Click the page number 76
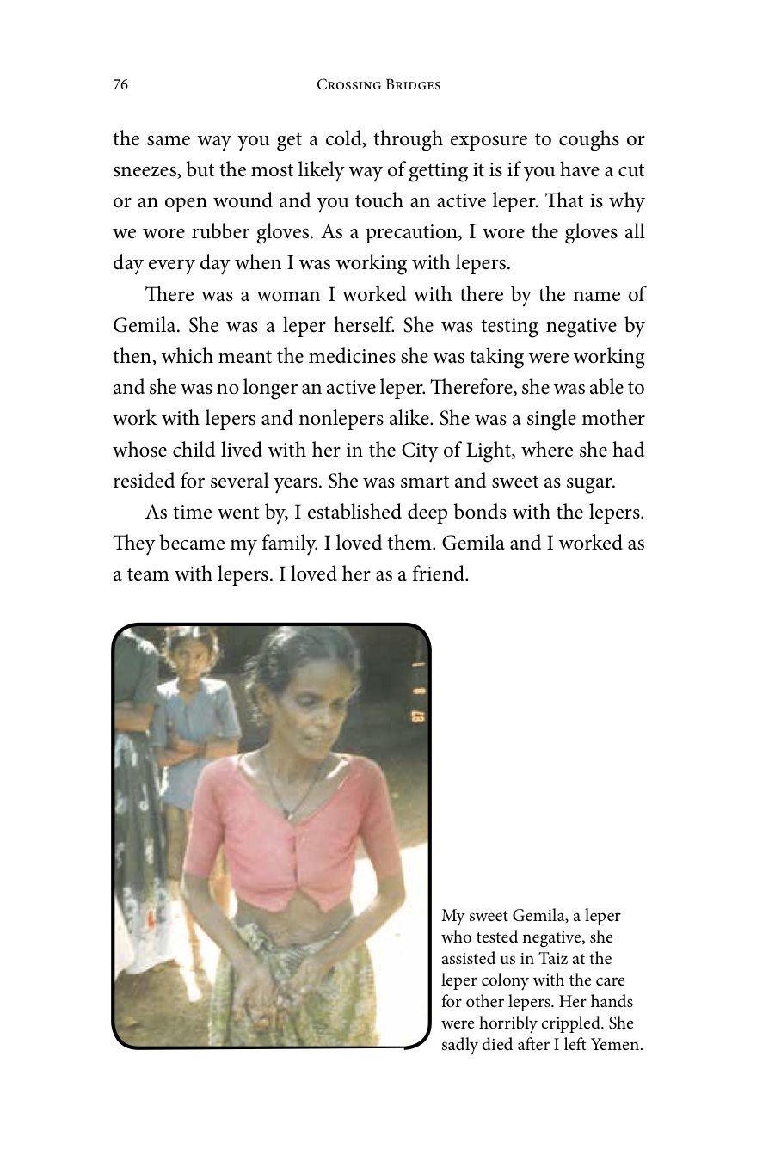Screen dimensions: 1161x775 tap(120, 84)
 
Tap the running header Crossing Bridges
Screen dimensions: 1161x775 tap(378, 84)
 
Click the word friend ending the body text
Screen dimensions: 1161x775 tap(440, 574)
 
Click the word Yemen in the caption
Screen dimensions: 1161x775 tap(617, 1045)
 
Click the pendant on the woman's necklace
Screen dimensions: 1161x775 tap(289, 813)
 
